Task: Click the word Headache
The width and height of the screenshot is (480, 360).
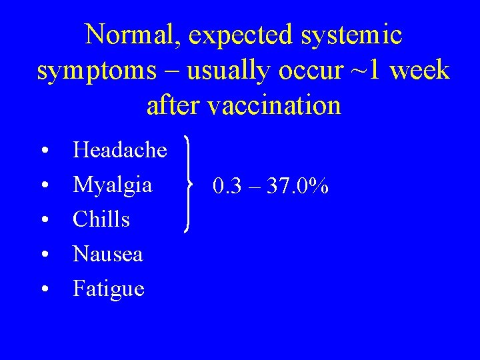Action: point(120,150)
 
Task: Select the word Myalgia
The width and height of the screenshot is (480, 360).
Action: point(112,185)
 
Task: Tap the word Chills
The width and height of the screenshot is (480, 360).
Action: point(101,219)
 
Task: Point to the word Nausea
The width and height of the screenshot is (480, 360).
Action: point(107,254)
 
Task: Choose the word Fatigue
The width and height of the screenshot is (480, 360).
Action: point(109,289)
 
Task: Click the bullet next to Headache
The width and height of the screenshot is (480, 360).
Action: point(43,151)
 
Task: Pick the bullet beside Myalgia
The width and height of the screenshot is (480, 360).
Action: point(43,186)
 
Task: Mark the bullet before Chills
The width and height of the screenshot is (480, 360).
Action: point(43,221)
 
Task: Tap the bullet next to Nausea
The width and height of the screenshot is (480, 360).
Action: point(43,255)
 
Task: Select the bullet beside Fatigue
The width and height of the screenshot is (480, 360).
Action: point(43,290)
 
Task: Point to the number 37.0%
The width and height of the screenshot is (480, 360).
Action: point(297,187)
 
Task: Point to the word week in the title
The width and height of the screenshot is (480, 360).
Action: point(417,70)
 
